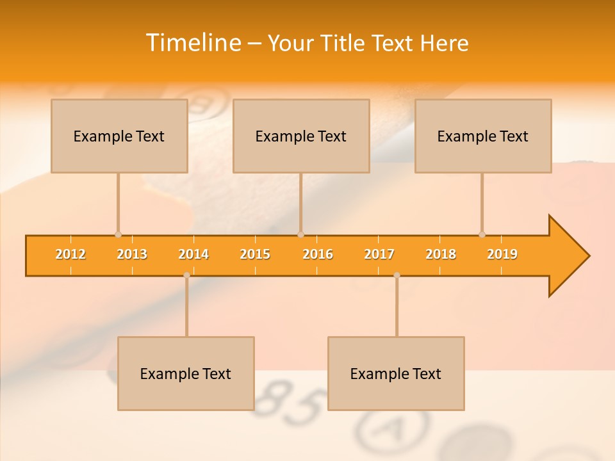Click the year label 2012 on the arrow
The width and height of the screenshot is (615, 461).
click(x=70, y=254)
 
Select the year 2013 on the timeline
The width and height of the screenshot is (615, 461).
click(x=132, y=254)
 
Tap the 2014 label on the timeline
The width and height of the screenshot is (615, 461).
click(x=193, y=254)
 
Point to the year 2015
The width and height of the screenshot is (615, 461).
click(x=255, y=254)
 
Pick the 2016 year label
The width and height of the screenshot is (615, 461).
click(x=318, y=254)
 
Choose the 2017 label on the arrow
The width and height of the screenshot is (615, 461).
click(x=379, y=254)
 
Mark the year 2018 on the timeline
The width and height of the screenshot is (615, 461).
click(x=441, y=254)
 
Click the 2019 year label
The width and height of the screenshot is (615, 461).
click(x=502, y=254)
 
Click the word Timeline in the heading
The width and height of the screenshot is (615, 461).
click(x=193, y=43)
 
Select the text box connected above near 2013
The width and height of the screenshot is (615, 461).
click(x=119, y=136)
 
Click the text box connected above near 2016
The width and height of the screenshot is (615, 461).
click(x=301, y=136)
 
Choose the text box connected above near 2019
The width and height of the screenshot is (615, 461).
click(x=483, y=136)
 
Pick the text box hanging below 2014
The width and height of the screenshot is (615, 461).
click(x=186, y=373)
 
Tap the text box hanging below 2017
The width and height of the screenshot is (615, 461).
click(x=396, y=373)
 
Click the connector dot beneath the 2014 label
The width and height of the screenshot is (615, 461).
click(x=186, y=275)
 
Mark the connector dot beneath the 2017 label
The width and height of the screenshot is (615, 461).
click(x=397, y=275)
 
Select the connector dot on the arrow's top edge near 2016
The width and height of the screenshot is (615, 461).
click(x=300, y=234)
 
